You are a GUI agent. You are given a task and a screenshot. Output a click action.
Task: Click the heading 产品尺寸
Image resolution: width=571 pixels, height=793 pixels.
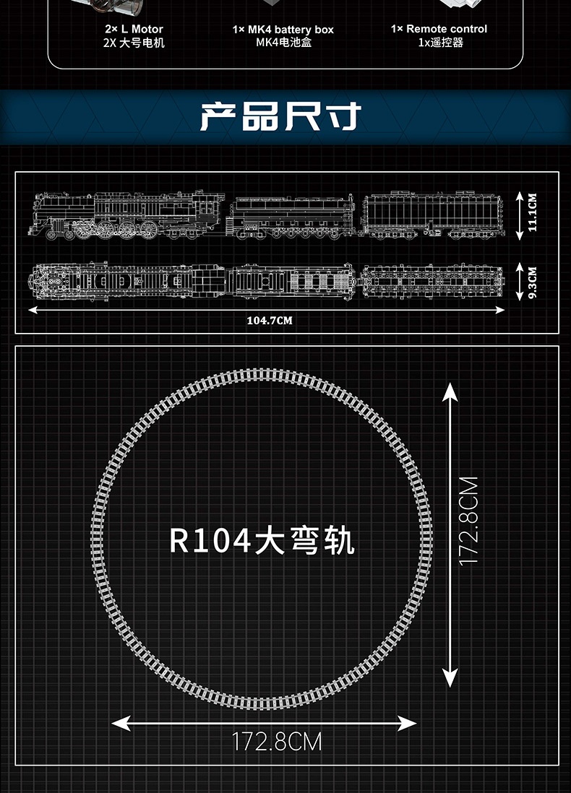pos(279,117)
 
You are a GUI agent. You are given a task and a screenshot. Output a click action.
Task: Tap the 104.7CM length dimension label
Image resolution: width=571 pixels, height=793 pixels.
pos(269,320)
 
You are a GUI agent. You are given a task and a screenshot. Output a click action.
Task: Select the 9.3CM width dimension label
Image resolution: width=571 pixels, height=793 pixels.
pos(532,282)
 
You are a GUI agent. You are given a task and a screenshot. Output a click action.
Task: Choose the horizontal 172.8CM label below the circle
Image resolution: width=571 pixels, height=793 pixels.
pos(277,742)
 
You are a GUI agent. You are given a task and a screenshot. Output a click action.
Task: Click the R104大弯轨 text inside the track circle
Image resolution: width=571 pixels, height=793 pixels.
pos(262,541)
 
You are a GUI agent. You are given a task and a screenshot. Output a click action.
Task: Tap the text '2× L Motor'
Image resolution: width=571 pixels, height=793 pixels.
pos(134,29)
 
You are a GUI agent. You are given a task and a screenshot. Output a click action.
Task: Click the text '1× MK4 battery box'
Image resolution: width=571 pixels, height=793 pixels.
pos(283,30)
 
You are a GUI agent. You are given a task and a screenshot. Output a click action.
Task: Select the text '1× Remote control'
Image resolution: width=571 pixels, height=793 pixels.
pos(439,29)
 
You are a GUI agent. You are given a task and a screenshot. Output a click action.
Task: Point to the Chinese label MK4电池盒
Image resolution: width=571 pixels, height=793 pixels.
pos(283,43)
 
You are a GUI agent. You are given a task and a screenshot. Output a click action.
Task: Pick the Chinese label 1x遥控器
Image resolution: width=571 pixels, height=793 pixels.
pos(439,42)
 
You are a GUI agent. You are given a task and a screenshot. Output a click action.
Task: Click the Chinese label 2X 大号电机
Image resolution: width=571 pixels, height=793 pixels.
pos(134,43)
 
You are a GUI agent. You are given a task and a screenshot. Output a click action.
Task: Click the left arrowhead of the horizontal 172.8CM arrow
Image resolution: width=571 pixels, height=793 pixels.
pos(120,722)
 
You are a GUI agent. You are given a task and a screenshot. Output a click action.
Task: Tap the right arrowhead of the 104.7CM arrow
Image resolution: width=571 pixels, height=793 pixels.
pos(500,310)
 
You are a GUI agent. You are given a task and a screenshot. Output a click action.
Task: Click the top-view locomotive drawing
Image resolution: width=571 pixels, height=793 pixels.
pos(126,282)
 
